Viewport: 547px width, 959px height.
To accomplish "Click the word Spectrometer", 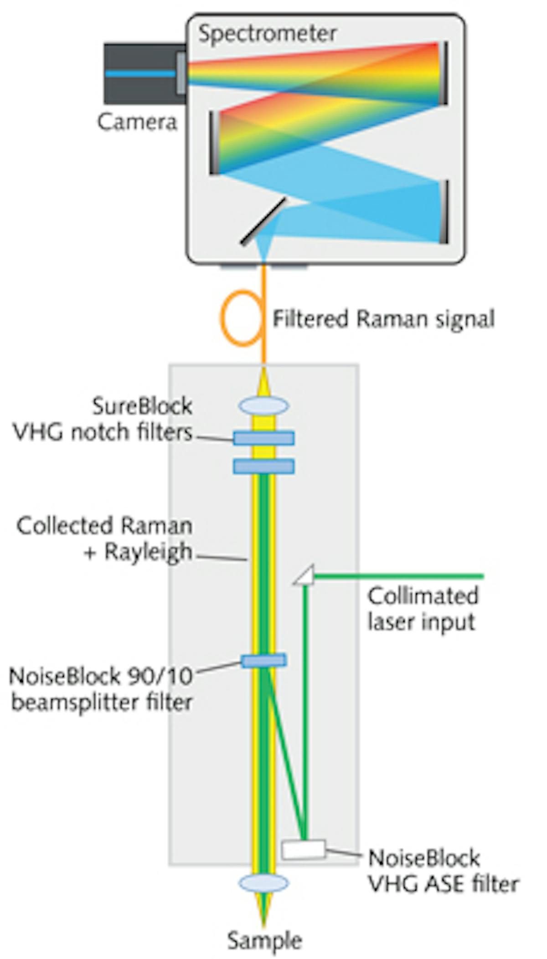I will click(x=268, y=34).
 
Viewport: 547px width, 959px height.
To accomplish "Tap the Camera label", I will click(x=137, y=122).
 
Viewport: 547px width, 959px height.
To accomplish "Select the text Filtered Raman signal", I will click(x=383, y=318).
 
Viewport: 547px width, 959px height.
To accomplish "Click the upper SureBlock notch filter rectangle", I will click(x=263, y=438).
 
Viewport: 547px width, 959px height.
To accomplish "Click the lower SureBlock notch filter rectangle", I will click(x=263, y=466).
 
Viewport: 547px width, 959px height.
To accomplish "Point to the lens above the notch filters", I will click(x=263, y=405).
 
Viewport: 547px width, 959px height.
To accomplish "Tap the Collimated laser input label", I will click(x=423, y=609).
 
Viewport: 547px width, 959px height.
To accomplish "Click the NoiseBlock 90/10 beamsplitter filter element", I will click(x=263, y=660).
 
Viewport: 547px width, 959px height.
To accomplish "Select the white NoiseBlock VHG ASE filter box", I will click(x=303, y=849).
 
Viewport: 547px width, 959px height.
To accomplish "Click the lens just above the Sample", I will click(x=263, y=883).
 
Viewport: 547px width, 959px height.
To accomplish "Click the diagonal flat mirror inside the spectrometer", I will click(x=263, y=221).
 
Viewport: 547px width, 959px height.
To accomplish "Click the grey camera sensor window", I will click(x=181, y=73).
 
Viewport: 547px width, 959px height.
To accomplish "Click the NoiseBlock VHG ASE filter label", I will click(x=442, y=871).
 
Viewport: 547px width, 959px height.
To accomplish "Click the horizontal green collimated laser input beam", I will click(x=397, y=577).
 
